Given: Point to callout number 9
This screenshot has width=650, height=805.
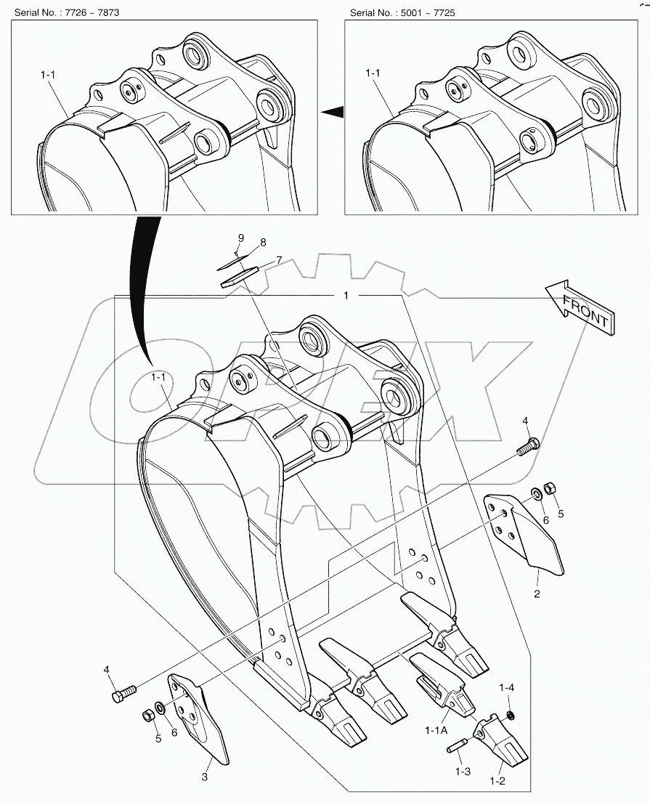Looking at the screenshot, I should (242, 238).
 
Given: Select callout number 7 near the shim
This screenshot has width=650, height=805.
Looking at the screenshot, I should (278, 260).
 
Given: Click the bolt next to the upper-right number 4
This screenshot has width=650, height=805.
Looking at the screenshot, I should (528, 446).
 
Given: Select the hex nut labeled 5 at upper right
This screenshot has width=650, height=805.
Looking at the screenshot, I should (551, 487).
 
